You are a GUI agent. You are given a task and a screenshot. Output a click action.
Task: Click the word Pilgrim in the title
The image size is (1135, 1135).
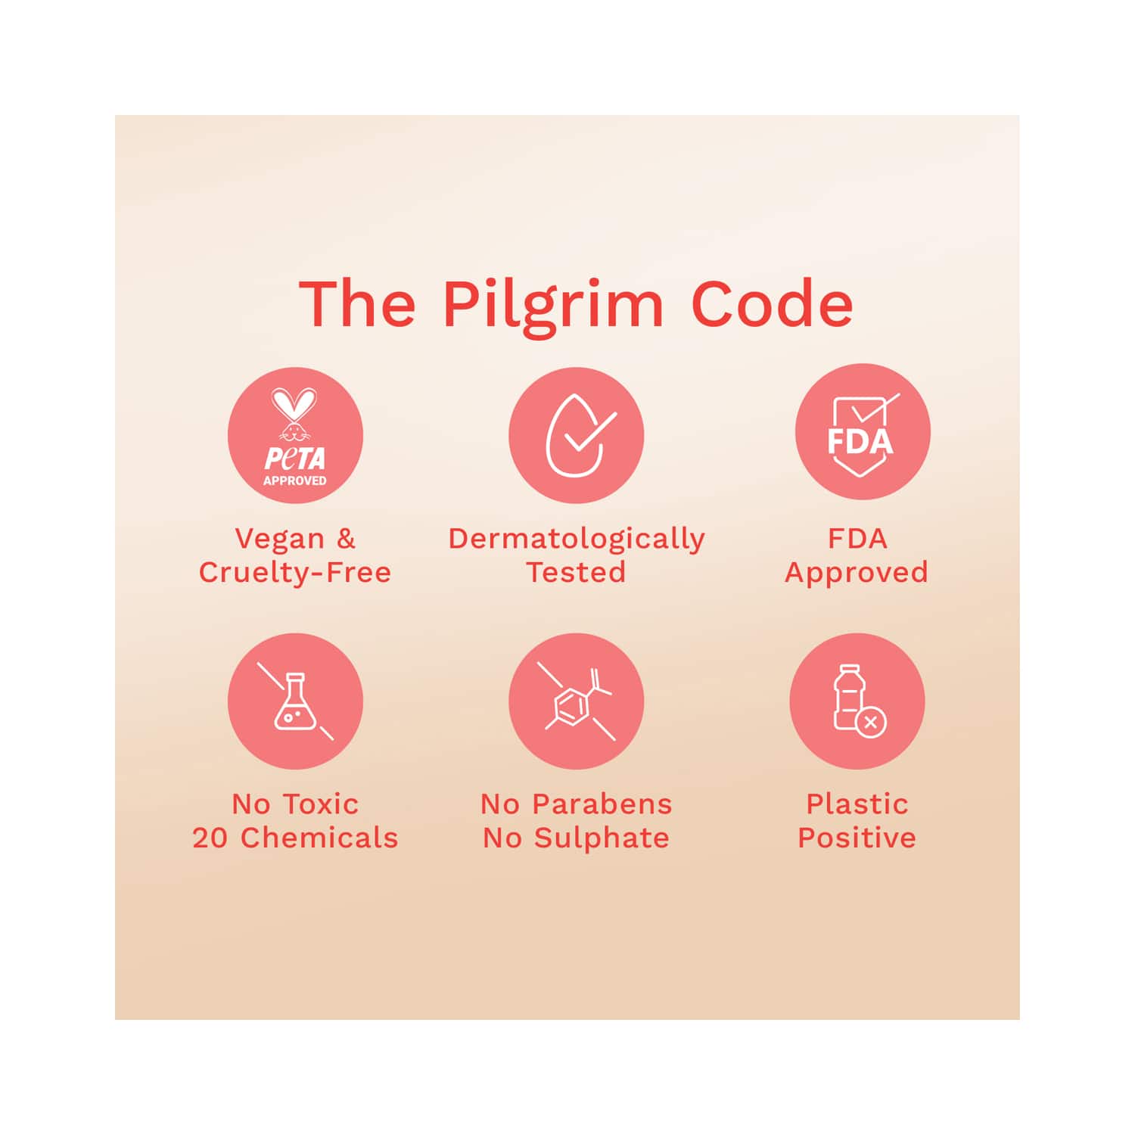point(553,306)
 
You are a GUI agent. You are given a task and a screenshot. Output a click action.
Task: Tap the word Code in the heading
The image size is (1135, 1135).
point(772,303)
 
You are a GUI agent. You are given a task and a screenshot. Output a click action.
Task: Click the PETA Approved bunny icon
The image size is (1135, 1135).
point(295,436)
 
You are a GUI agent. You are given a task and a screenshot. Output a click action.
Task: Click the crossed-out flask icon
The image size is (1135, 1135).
point(295,701)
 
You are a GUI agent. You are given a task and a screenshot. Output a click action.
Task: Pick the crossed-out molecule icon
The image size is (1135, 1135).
point(577,701)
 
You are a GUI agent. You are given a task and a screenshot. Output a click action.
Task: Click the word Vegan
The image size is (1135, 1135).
point(279,540)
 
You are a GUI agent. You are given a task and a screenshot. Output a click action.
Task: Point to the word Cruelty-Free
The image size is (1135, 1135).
point(295,572)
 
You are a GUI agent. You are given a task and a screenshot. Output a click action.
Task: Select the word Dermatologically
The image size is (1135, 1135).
point(577,540)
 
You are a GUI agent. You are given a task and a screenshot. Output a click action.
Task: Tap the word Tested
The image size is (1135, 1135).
point(577,572)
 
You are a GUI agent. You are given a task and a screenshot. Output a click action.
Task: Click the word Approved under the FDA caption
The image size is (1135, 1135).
point(857,574)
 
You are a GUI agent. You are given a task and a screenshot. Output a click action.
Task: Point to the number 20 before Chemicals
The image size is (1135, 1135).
point(210,838)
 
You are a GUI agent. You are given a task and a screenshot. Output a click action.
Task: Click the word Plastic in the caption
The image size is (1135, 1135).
point(857,804)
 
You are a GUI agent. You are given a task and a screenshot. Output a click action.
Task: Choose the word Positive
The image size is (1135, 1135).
point(857,838)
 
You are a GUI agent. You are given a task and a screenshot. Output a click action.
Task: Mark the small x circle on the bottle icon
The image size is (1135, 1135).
point(871,722)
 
